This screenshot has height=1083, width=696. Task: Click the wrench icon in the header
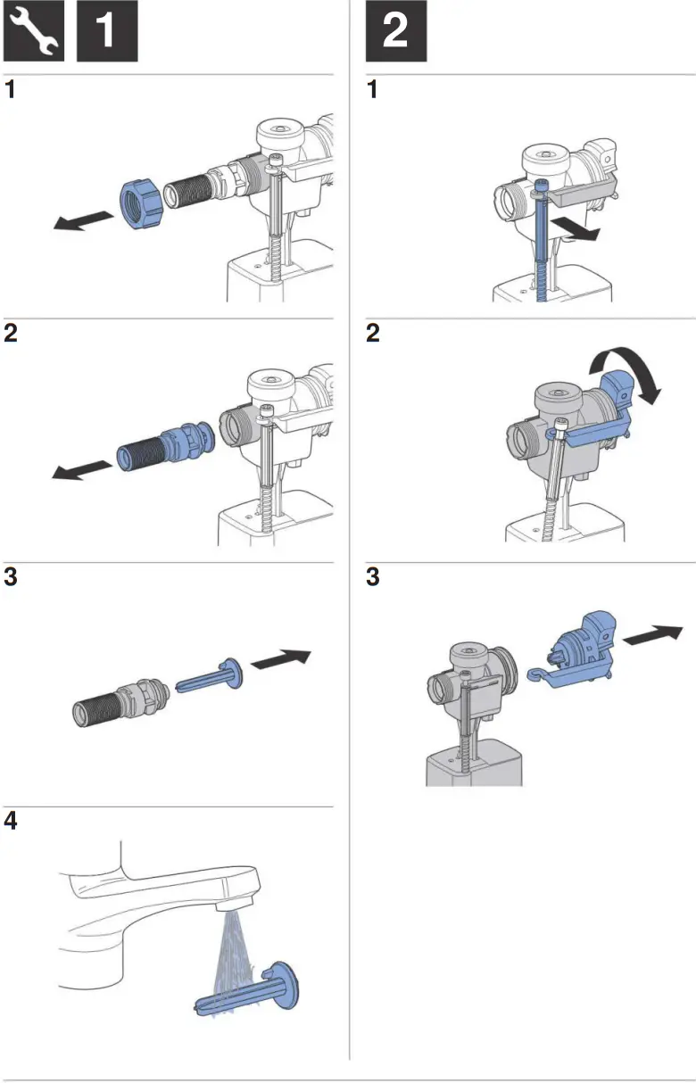point(34,31)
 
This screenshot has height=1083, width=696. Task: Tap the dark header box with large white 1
point(106,31)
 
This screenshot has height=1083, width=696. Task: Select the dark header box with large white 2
point(395,31)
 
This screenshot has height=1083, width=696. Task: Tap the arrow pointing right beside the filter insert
point(281,660)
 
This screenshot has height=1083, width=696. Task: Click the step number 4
point(12,821)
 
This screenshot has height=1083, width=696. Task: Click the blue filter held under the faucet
point(250,990)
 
